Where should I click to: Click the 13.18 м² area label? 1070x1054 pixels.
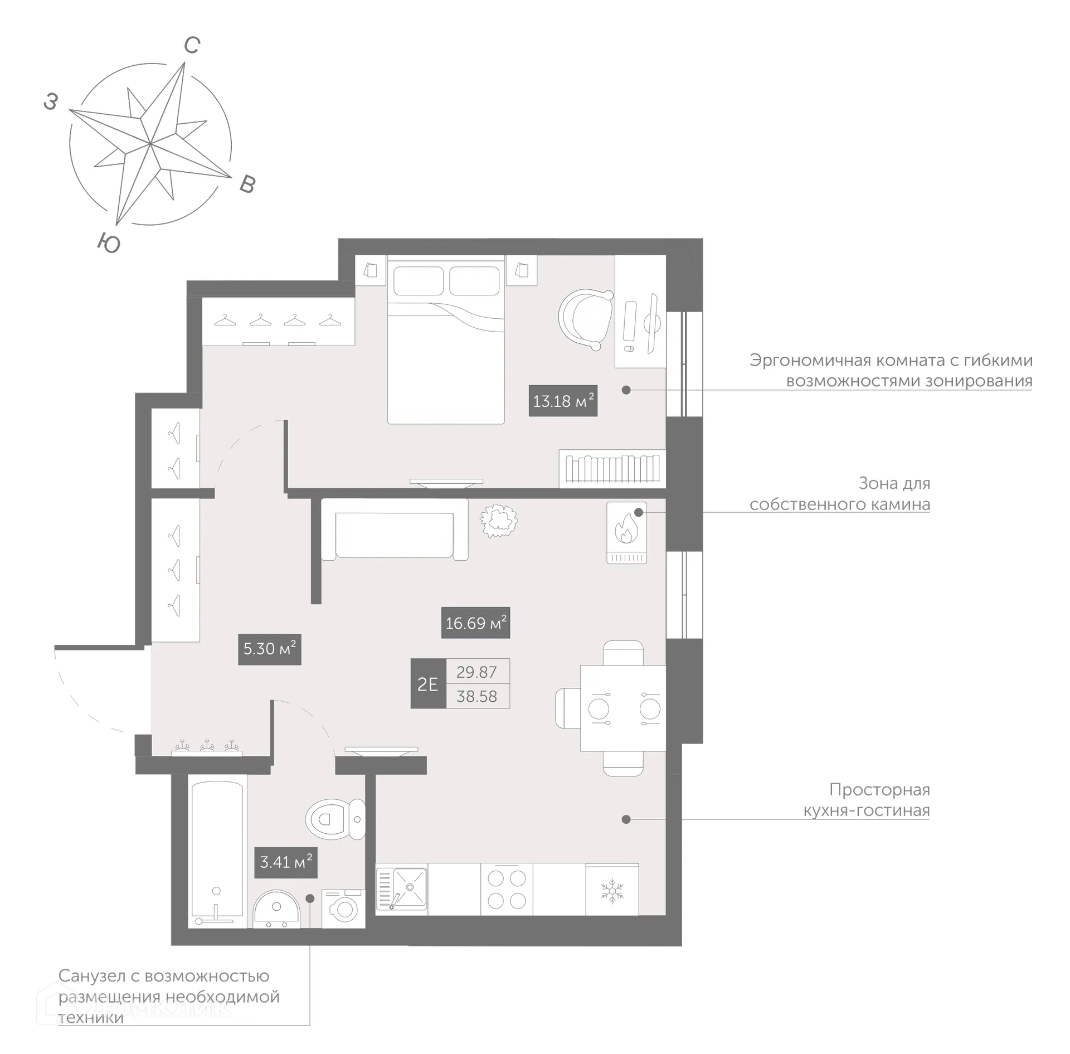[563, 401]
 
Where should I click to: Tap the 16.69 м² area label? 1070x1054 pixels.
[475, 623]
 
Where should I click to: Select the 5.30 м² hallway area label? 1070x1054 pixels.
[269, 649]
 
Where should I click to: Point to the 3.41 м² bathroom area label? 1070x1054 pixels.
[285, 862]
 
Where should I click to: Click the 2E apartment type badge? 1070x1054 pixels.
[428, 684]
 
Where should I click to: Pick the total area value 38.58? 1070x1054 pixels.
[477, 696]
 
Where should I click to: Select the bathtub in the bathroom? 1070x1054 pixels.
[217, 853]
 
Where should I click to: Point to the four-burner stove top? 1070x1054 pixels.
[507, 890]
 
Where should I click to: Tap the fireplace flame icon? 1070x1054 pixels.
[625, 528]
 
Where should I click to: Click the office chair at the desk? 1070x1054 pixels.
[586, 317]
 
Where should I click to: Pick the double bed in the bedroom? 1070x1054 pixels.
[446, 340]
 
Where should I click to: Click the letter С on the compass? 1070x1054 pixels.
[192, 45]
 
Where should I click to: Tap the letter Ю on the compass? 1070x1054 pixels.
[109, 243]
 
